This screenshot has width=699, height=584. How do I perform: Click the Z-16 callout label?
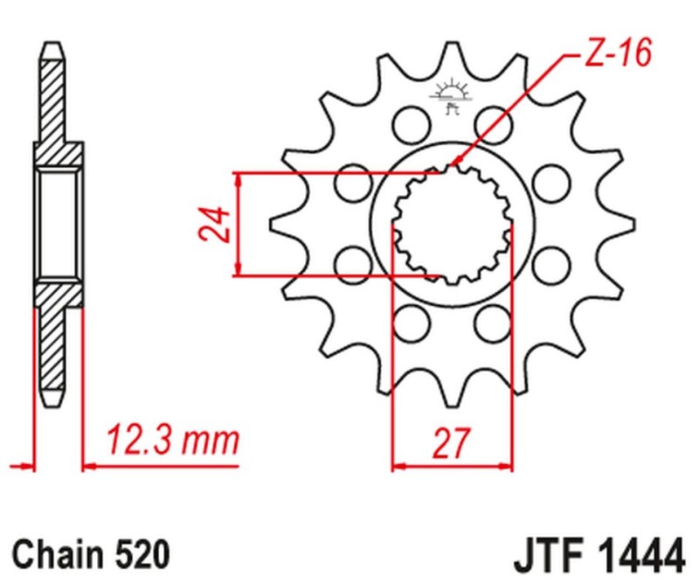pos(616,56)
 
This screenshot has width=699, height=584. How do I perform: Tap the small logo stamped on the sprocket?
pos(451,97)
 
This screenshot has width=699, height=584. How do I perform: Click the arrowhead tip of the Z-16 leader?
pos(453,166)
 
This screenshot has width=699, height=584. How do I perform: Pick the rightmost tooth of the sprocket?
pos(622,224)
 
